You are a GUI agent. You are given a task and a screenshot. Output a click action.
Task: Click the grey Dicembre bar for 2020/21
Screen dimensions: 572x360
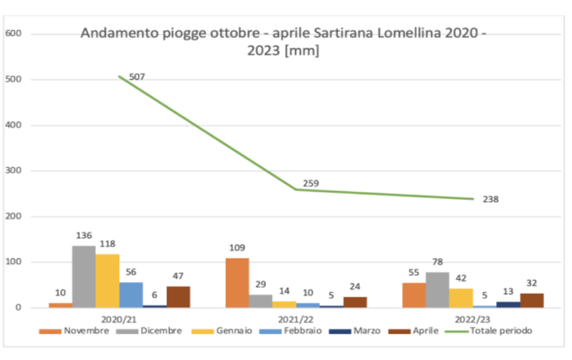(84, 277)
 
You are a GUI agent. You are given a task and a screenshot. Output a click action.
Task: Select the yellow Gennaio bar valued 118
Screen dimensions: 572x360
(108, 281)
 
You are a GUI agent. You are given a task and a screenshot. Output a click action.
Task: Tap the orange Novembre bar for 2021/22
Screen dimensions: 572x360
(237, 283)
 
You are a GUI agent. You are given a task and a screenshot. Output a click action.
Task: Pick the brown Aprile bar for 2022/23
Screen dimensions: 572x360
(532, 301)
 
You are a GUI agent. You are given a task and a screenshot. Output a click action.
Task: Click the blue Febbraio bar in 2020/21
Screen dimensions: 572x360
(131, 295)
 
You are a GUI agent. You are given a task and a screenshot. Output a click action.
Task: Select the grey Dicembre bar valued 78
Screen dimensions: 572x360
(438, 290)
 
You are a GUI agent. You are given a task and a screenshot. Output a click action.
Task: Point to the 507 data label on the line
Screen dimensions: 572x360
(137, 77)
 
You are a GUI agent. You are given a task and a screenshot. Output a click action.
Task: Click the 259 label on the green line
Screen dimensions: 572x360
(311, 184)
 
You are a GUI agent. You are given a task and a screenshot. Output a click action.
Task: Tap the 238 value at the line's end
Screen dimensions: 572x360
(491, 199)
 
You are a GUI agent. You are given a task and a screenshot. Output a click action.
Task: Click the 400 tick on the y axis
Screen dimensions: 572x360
(13, 125)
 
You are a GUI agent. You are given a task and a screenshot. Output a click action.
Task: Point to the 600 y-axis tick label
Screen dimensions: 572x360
(13, 33)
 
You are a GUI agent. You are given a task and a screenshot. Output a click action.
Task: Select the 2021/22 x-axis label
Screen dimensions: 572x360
(296, 319)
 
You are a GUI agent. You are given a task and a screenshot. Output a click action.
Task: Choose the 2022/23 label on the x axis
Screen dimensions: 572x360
(473, 319)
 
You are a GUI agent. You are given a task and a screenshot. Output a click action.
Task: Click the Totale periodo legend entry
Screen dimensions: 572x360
(489, 331)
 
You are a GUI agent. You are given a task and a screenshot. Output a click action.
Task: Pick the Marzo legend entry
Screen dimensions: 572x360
(355, 331)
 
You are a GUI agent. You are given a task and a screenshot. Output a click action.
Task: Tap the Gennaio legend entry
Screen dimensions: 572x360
(222, 331)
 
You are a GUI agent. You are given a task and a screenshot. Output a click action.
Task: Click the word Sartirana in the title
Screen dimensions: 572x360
(343, 33)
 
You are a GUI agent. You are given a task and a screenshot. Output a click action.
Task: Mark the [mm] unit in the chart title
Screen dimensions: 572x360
(302, 51)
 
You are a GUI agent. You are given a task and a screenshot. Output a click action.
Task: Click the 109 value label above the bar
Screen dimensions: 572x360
(237, 248)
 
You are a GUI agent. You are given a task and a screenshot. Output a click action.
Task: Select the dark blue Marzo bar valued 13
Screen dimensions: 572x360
(508, 305)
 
